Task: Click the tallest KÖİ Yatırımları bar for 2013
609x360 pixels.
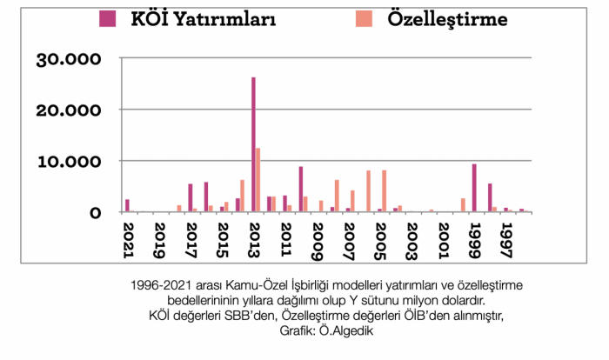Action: tap(253, 144)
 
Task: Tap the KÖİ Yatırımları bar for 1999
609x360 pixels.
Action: tap(474, 188)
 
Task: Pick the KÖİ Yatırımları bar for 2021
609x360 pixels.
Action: tap(127, 205)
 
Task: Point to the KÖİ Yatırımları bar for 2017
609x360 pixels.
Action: tap(191, 197)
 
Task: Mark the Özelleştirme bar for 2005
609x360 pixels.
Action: tap(384, 191)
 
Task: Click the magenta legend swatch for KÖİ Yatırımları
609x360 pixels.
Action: tap(108, 18)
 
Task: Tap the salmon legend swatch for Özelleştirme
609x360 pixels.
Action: tap(365, 18)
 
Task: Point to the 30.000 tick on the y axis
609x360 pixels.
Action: tap(69, 59)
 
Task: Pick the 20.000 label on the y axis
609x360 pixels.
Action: tap(69, 110)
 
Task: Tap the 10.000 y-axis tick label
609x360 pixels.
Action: tap(69, 162)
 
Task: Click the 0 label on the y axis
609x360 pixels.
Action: tap(97, 212)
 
